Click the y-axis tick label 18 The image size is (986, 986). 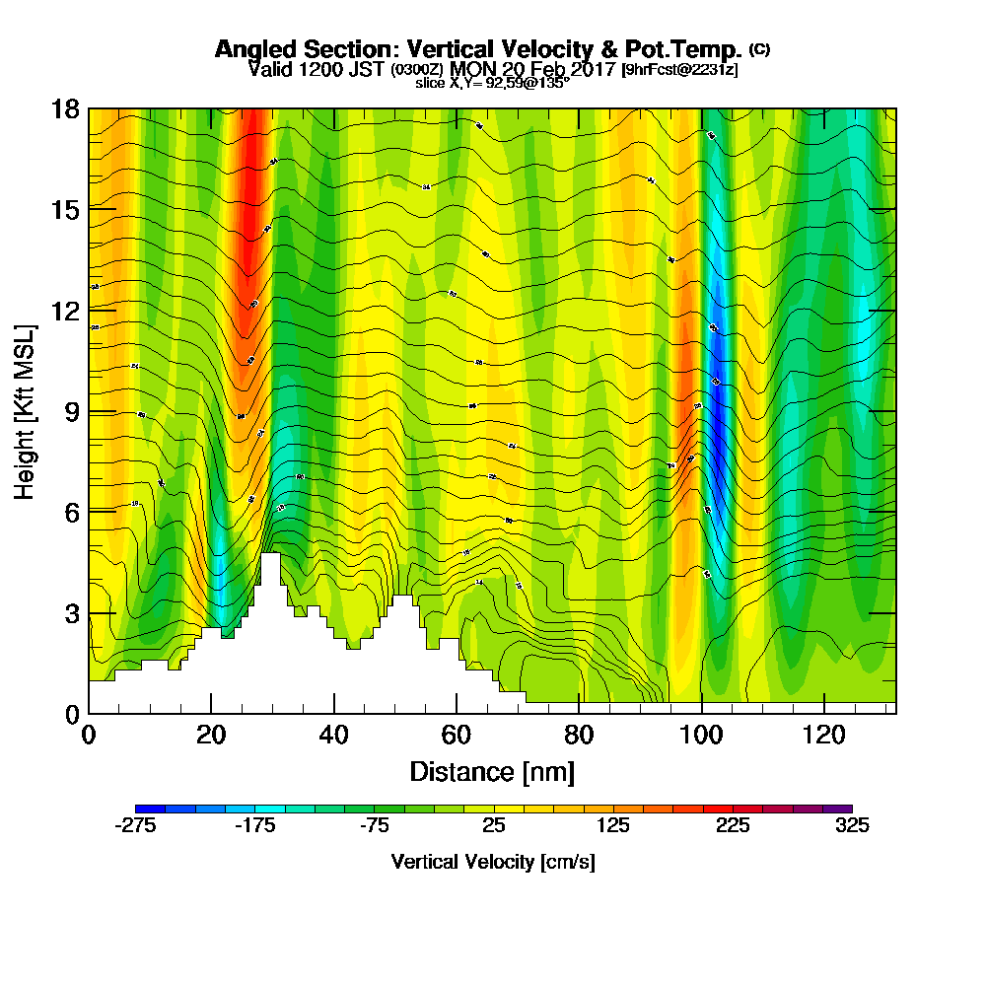(x=65, y=108)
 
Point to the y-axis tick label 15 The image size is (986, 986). (x=65, y=209)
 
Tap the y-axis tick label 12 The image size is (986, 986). (x=65, y=311)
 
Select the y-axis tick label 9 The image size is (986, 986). (x=72, y=411)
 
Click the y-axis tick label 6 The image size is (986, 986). (x=72, y=512)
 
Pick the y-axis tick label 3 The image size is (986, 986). (x=72, y=613)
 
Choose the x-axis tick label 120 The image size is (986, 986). (x=823, y=736)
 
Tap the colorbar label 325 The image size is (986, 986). (x=852, y=826)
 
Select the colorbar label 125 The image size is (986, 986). (x=613, y=826)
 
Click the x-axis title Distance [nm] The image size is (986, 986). (x=492, y=771)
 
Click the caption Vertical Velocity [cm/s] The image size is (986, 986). (x=493, y=862)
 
